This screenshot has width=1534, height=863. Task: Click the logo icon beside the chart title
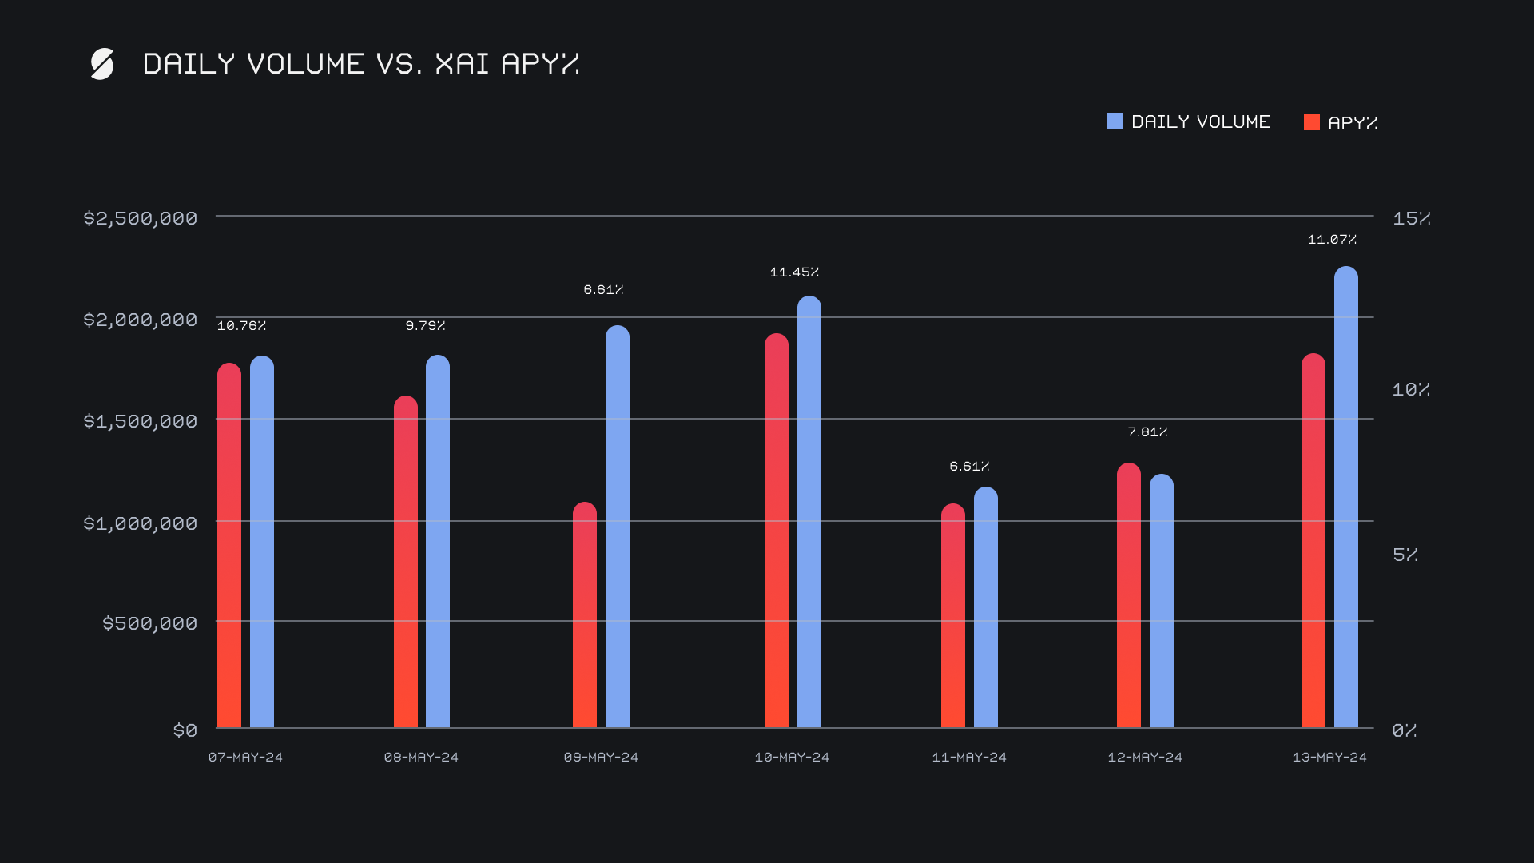(x=102, y=64)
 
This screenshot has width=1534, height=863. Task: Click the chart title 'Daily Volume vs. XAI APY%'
(x=361, y=63)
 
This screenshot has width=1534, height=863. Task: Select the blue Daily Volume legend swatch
(x=1115, y=121)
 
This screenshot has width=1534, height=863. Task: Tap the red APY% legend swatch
(x=1311, y=122)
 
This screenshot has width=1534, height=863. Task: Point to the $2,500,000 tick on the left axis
(x=141, y=218)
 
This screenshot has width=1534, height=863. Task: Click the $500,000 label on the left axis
(x=149, y=623)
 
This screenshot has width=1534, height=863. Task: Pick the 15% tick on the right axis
(x=1411, y=218)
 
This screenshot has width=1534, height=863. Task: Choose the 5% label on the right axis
(x=1405, y=555)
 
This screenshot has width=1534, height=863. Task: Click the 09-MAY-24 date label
(x=601, y=757)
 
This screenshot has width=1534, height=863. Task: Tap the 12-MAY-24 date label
(x=1145, y=757)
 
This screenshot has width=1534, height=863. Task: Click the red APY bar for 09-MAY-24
(x=585, y=615)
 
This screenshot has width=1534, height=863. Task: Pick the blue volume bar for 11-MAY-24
(x=986, y=607)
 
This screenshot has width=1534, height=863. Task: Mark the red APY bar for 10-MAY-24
(x=777, y=531)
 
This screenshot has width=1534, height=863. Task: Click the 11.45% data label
(x=794, y=272)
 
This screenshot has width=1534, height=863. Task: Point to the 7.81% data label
(x=1147, y=432)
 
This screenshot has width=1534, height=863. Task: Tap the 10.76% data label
(x=241, y=326)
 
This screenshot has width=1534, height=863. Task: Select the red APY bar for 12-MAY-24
(x=1129, y=595)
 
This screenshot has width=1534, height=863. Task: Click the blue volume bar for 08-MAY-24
(x=438, y=542)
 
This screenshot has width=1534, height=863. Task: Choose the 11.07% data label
(x=1332, y=240)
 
